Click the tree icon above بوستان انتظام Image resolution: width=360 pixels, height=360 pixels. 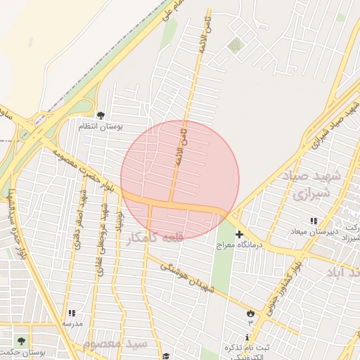click(101, 115)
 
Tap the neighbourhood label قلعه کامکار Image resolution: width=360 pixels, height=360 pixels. click(153, 238)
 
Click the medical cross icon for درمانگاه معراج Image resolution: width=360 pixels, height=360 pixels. click(239, 233)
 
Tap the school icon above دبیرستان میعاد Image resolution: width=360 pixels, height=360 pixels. click(314, 221)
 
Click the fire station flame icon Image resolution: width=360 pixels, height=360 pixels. click(251, 312)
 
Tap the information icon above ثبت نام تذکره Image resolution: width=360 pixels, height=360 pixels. click(246, 337)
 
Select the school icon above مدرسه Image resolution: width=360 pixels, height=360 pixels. click(72, 314)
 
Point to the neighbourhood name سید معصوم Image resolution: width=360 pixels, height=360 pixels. click(115, 345)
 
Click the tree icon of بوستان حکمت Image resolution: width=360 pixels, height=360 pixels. click(22, 341)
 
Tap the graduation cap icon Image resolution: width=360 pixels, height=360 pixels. click(166, 356)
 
